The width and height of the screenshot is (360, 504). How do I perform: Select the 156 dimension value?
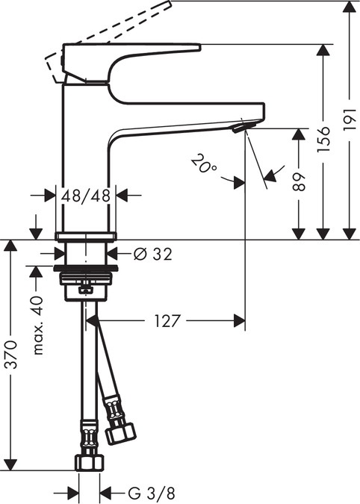[323, 139]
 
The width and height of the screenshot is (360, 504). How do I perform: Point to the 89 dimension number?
[299, 183]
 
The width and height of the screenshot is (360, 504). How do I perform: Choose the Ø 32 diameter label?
[152, 254]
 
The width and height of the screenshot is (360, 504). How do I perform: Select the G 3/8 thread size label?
[150, 493]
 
